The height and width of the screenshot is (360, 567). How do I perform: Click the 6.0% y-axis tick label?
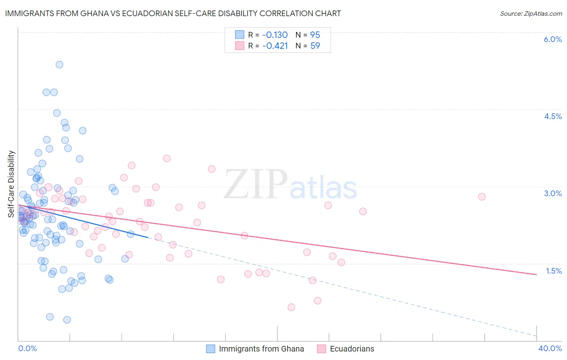click(x=552, y=39)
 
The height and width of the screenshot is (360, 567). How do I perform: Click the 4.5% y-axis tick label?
click(x=552, y=116)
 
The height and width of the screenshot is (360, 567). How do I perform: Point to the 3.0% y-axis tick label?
click(x=552, y=193)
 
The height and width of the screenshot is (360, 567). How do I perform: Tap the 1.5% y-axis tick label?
click(x=554, y=271)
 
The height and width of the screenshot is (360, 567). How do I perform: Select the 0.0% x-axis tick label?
click(x=27, y=348)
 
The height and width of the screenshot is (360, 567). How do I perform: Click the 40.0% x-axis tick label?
click(x=550, y=348)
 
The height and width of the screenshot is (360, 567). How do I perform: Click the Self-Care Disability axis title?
click(x=11, y=184)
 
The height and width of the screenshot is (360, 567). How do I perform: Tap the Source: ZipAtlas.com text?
click(x=531, y=13)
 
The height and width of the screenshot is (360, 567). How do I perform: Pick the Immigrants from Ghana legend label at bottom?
click(x=261, y=349)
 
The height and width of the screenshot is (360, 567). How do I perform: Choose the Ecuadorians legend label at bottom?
click(x=352, y=349)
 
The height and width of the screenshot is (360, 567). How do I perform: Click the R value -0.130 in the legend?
click(x=275, y=35)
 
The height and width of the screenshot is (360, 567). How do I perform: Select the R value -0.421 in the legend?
click(x=275, y=46)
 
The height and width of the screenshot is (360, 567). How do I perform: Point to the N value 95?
click(x=315, y=35)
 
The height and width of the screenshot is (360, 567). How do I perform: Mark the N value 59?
click(x=315, y=46)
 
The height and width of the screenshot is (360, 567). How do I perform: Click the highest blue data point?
click(x=59, y=65)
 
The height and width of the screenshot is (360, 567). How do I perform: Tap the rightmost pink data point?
click(x=482, y=197)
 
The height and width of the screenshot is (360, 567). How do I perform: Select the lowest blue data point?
click(x=67, y=320)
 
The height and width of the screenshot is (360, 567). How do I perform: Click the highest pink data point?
click(x=167, y=158)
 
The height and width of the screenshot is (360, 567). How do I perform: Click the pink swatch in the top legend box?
click(x=240, y=46)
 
